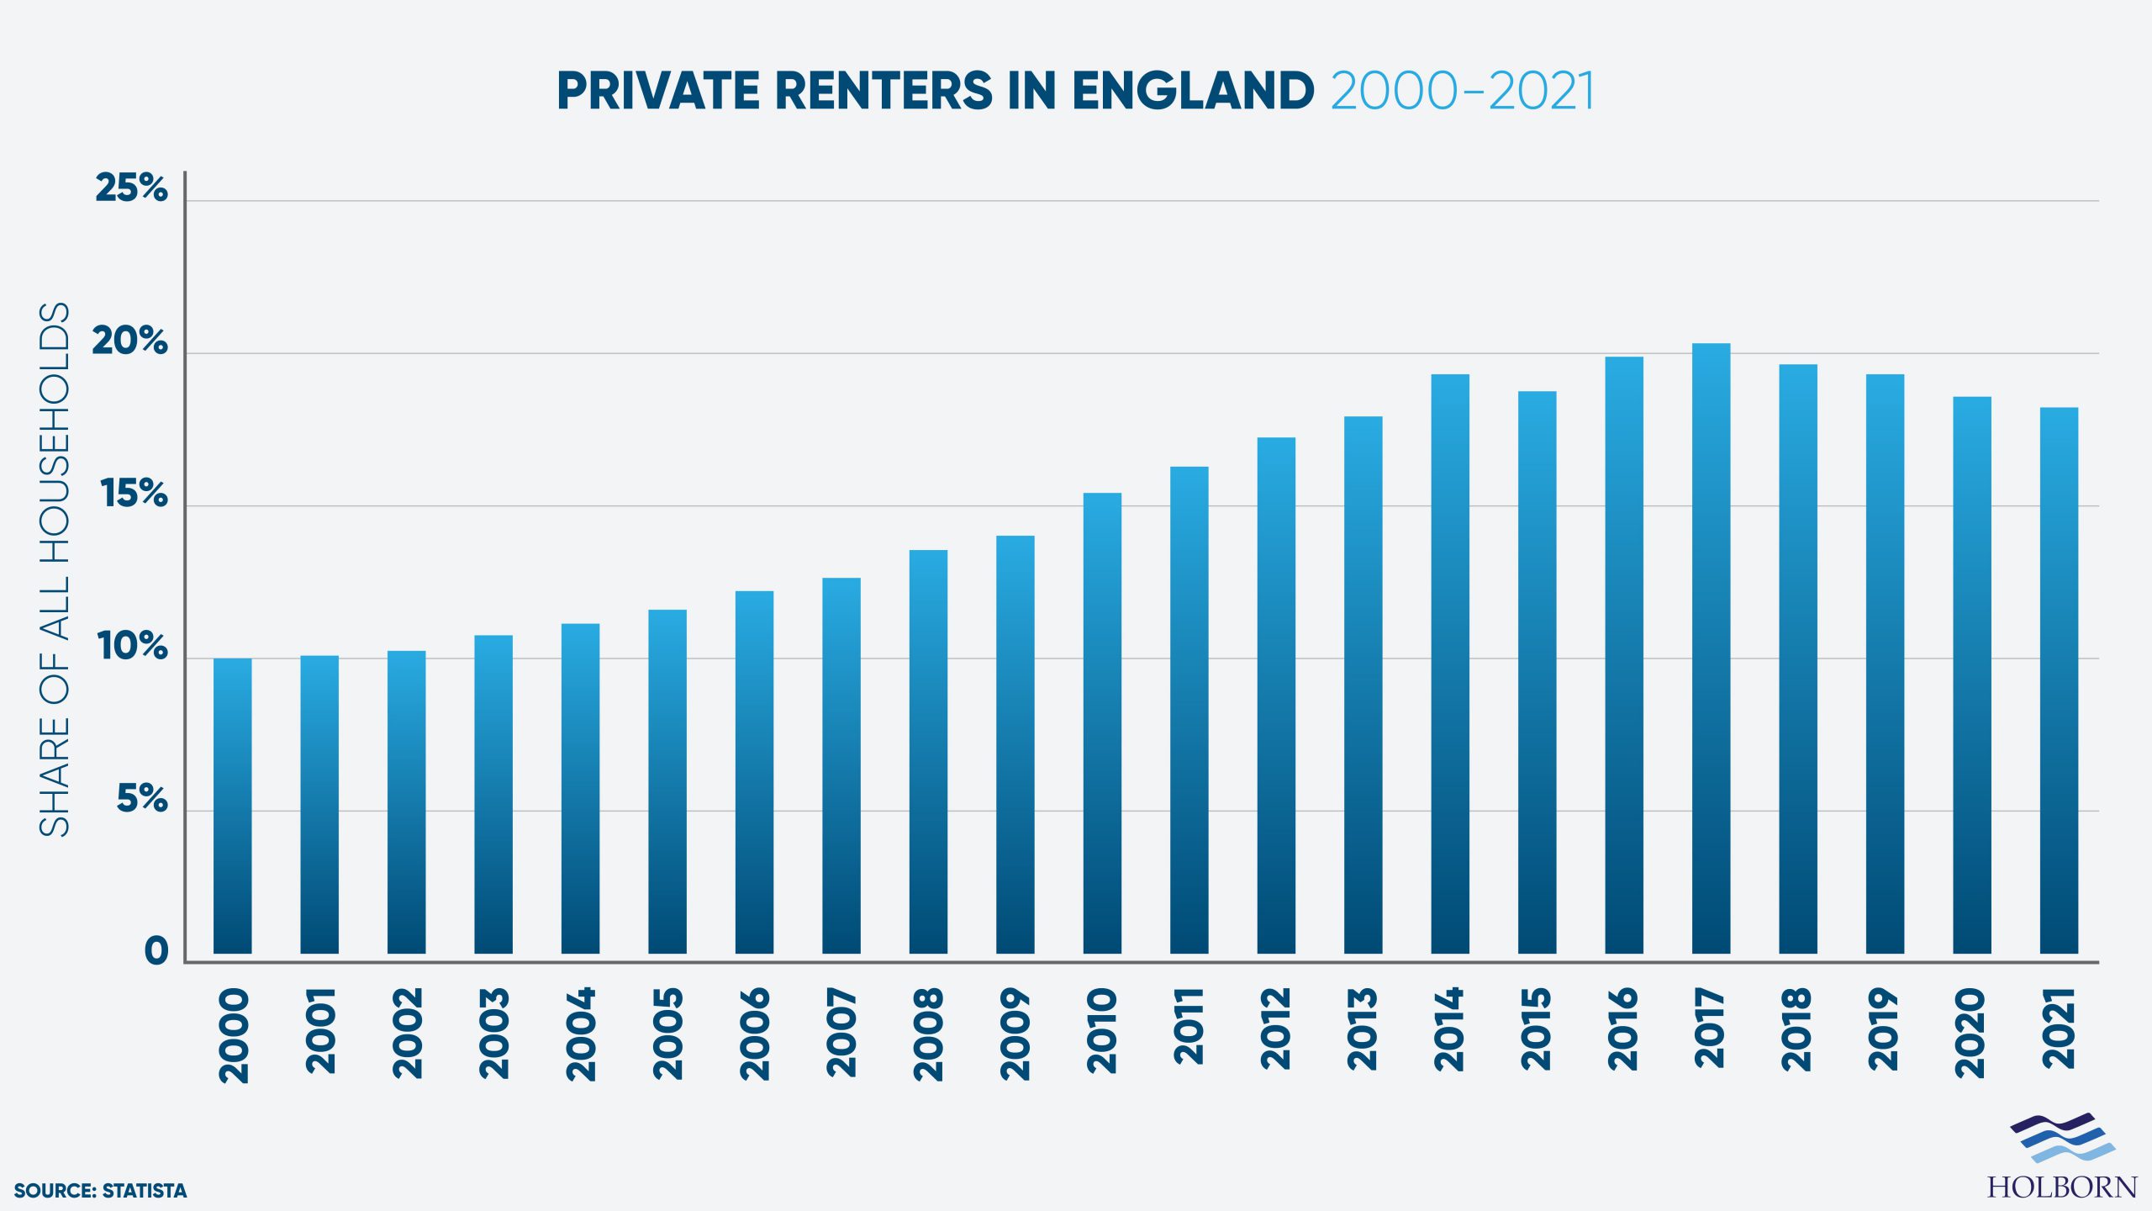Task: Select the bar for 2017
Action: [1711, 648]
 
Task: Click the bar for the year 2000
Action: [232, 806]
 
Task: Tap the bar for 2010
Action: [1102, 723]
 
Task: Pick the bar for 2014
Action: [1450, 664]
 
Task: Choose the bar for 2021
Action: [2059, 681]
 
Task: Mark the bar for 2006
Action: [754, 772]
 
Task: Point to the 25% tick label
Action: [131, 188]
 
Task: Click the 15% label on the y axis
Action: [134, 494]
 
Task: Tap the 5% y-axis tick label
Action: [141, 798]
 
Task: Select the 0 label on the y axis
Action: [156, 951]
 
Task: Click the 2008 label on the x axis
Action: [929, 1034]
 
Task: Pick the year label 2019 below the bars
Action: [1885, 1029]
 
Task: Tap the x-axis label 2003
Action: [494, 1034]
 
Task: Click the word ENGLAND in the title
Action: [1193, 91]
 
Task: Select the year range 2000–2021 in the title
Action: [1462, 91]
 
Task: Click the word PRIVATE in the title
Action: [657, 91]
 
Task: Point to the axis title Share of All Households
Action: [55, 569]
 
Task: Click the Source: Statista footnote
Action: [100, 1191]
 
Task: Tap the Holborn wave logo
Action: [2062, 1137]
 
